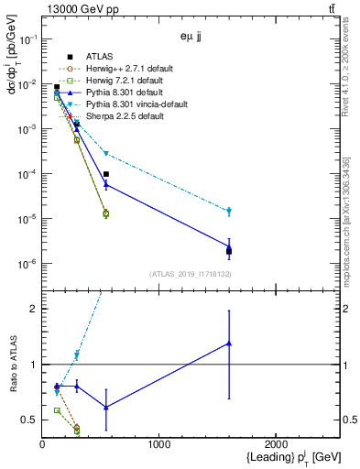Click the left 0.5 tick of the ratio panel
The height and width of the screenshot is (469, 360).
point(32,420)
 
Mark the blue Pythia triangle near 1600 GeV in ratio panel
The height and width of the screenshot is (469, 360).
point(229,344)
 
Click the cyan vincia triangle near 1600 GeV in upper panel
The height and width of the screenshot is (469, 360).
point(229,212)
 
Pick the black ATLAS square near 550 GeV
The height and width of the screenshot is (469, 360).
point(106,174)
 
